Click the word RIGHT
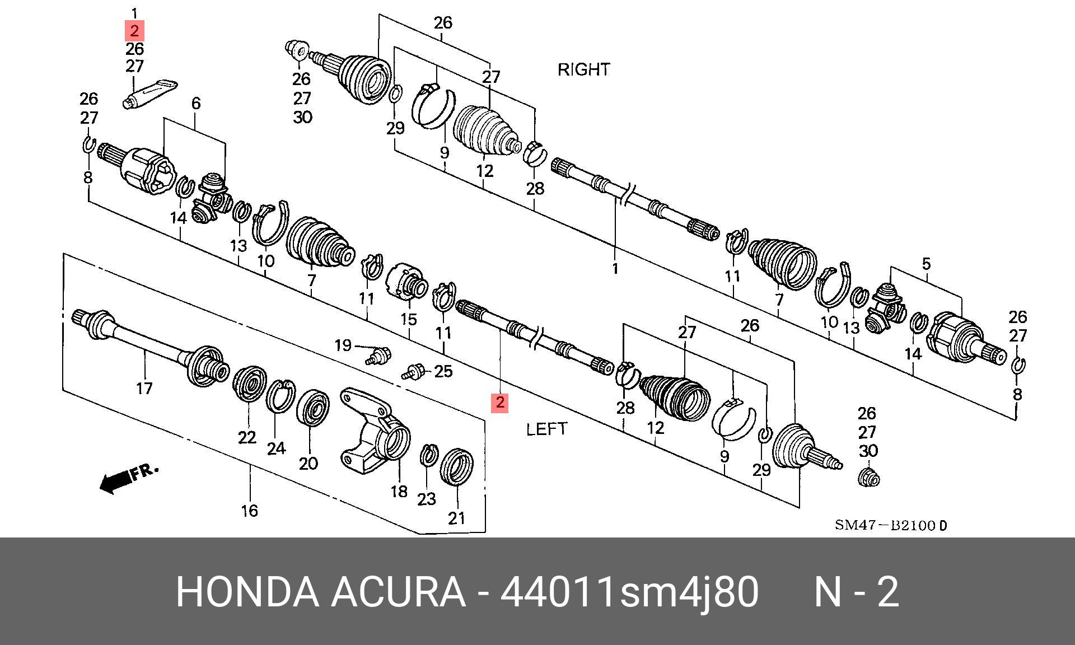pos(583,69)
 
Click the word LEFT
pos(546,429)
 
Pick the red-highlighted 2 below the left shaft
pos(499,402)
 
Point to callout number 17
pos(144,388)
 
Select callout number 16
pos(249,510)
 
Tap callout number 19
pos(343,345)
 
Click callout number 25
pos(443,371)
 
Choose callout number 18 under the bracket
pos(399,492)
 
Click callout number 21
pos(457,518)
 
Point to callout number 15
pos(409,320)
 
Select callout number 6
pos(196,103)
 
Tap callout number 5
pos(926,263)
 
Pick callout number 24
pos(276,448)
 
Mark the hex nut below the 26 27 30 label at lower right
pos(868,477)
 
